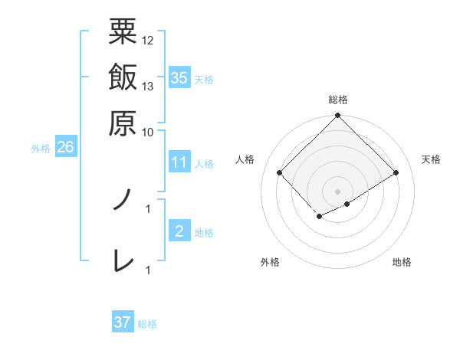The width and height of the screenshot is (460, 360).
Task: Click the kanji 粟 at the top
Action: click(123, 31)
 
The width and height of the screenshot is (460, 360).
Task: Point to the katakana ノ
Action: click(123, 201)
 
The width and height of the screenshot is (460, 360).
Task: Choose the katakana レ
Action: click(123, 260)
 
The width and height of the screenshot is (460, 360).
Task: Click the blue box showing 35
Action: click(179, 77)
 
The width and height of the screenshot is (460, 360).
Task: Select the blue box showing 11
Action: click(179, 162)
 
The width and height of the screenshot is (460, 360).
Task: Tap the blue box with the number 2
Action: click(179, 231)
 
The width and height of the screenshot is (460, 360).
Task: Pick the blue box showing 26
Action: click(65, 148)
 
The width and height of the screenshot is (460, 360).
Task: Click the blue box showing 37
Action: click(122, 322)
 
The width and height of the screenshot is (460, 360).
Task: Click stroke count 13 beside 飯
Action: click(148, 86)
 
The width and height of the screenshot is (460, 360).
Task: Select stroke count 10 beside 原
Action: click(148, 131)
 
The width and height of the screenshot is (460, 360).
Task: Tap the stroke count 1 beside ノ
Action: click(148, 207)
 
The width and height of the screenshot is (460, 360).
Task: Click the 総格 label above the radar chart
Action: click(338, 100)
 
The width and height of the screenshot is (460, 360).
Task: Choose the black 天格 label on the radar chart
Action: click(431, 159)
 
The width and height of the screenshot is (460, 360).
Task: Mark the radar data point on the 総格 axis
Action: click(338, 116)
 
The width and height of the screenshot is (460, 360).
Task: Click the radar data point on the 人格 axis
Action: click(280, 173)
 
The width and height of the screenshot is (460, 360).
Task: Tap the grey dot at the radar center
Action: click(338, 191)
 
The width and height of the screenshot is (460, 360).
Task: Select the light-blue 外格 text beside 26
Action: click(40, 149)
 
